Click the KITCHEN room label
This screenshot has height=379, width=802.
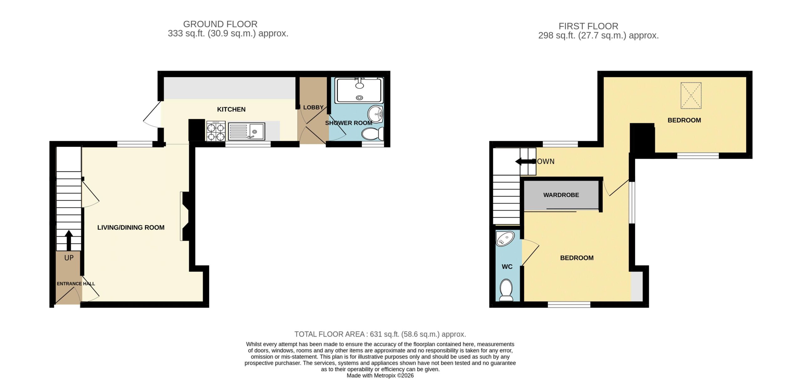tap(231, 109)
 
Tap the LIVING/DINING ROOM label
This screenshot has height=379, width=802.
tap(131, 228)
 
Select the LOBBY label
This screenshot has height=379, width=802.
tap(313, 107)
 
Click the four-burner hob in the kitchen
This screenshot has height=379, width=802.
tap(216, 131)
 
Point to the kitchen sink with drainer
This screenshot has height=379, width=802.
tap(246, 131)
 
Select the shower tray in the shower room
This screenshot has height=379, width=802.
tap(359, 90)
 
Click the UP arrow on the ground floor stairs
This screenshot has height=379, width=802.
tap(69, 240)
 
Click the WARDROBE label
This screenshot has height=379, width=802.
tap(561, 195)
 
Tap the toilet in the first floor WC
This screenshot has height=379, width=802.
tap(506, 290)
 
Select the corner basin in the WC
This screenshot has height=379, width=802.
tap(505, 239)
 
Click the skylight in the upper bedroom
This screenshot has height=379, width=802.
tap(691, 96)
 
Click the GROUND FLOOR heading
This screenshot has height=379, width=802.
tap(220, 24)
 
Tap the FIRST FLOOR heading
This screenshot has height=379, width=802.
tap(588, 26)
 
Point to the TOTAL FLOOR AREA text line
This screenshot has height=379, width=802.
tap(380, 334)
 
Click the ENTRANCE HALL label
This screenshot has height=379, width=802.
tap(76, 284)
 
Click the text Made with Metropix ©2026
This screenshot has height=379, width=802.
tap(380, 376)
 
